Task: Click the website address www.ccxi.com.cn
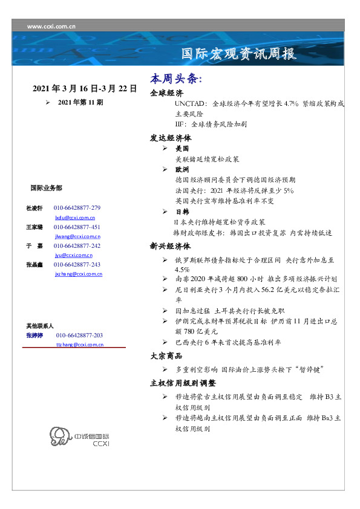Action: pos(51,26)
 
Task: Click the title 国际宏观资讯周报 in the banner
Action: pos(240,54)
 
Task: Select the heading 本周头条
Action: pos(175,79)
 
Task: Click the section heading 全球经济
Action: pos(166,93)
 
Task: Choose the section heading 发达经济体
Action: pos(171,137)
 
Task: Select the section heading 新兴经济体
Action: pos(171,247)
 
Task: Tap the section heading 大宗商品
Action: pos(166,356)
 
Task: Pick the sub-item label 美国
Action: pos(182,148)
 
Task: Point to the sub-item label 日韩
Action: pos(182,212)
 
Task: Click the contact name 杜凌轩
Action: pos(34,208)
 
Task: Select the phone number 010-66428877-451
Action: pos(77,227)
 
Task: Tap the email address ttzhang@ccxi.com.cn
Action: pos(80,345)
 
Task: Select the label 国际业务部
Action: pos(46,189)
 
